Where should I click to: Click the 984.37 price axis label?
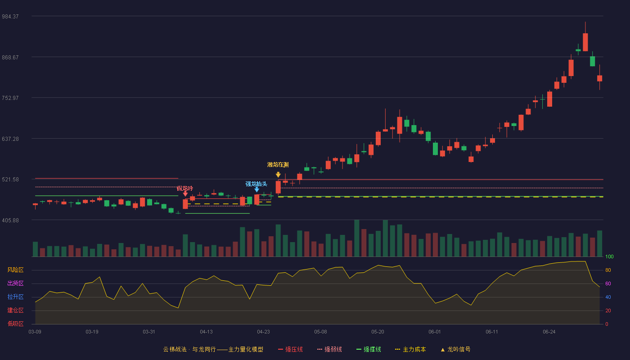[10, 17]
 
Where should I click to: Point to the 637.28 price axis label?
[10, 139]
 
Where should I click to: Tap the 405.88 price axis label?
[10, 220]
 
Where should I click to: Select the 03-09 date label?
[35, 332]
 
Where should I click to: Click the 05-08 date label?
[320, 332]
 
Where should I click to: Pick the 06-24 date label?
[549, 332]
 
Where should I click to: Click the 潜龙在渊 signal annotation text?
[278, 165]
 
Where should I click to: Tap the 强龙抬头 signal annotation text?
[256, 184]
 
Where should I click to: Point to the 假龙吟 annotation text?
[185, 189]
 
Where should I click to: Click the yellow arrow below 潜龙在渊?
[278, 175]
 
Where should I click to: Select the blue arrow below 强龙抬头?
[257, 190]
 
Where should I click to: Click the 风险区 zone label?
[15, 270]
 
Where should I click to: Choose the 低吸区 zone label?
[15, 324]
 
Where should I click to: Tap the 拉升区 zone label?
[15, 297]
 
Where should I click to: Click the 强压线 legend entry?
[290, 350]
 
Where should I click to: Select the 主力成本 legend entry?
[410, 350]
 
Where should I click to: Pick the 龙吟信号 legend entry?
[455, 350]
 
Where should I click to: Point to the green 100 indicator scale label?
[609, 256]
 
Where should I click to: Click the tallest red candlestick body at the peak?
[585, 42]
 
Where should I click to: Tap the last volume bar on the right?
[599, 243]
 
